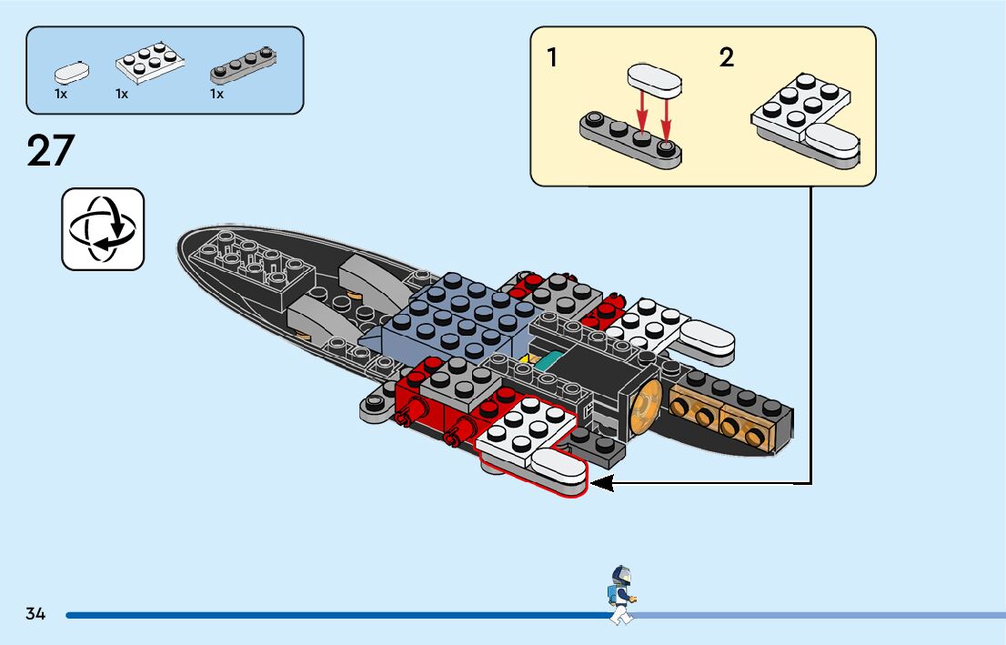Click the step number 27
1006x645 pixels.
[50, 150]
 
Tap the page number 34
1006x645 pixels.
[35, 614]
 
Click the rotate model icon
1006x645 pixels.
[103, 229]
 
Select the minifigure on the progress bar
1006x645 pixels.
[621, 595]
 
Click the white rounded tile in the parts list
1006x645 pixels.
[72, 72]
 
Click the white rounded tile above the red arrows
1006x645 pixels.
[653, 81]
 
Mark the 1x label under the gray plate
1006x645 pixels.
[216, 94]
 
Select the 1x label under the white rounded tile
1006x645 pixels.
[61, 94]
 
